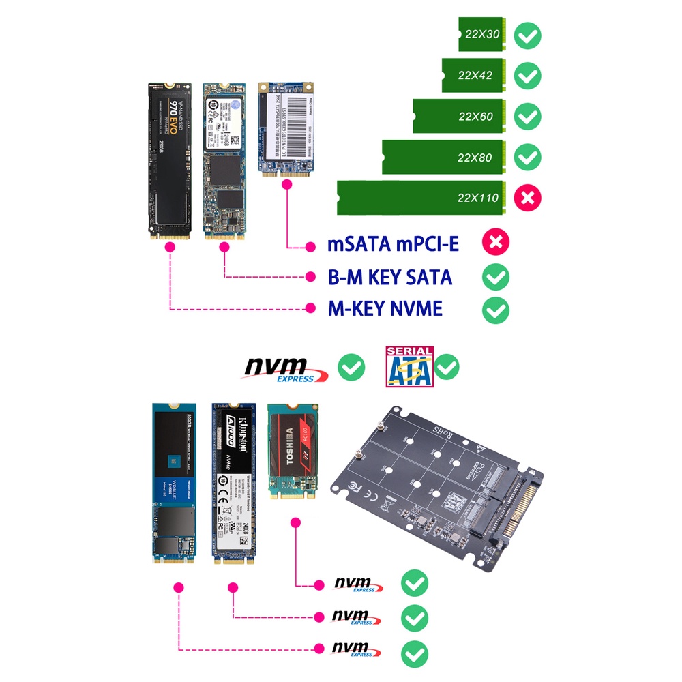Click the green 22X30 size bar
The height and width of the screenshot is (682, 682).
coord(481,35)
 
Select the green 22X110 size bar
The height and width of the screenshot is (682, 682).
coord(421,198)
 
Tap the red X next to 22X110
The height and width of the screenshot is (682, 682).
coord(528,198)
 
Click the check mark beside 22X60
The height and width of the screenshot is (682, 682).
coord(528,117)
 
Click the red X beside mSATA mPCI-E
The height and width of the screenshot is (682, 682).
coord(496,243)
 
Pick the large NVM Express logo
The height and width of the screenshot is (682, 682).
coord(286,369)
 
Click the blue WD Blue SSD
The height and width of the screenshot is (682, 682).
coord(174,485)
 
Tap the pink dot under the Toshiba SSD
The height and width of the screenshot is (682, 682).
coord(295,522)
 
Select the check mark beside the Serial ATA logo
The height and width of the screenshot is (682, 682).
coord(447,368)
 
